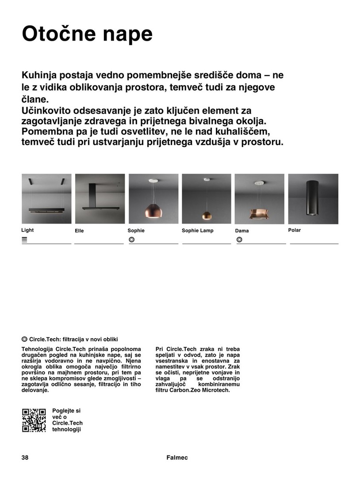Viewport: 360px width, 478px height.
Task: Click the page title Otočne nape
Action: pos(87,34)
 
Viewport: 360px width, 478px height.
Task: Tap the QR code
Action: pos(34,420)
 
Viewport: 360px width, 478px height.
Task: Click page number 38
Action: pos(25,458)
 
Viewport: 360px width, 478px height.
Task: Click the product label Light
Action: pos(27,230)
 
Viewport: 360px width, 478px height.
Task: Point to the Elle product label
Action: pos(79,231)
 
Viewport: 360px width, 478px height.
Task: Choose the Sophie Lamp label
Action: pos(197,231)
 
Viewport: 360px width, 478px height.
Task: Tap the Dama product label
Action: pos(242,231)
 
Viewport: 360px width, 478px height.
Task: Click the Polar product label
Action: pos(294,230)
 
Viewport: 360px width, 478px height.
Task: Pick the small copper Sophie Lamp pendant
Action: pos(206,215)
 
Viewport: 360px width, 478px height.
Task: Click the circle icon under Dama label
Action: pos(239,239)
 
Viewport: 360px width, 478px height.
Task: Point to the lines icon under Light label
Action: pos(25,239)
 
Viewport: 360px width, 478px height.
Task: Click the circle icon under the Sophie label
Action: pos(131,239)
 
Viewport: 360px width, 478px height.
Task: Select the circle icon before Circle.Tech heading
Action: pos(25,339)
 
